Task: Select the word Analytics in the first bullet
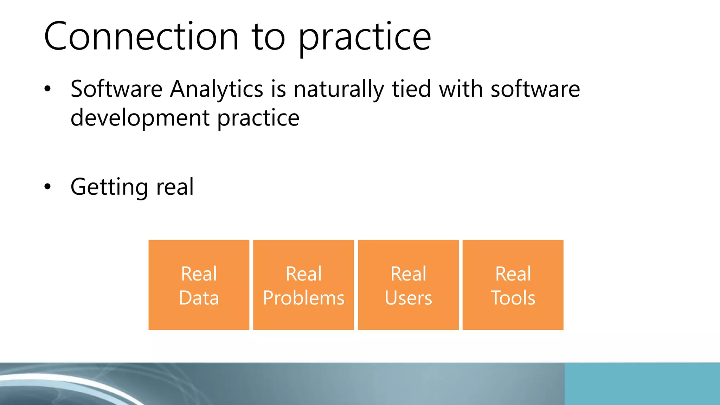tap(217, 89)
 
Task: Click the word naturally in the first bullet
tap(339, 90)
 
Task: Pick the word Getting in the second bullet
tap(109, 187)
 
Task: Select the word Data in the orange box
tap(199, 298)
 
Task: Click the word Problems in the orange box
tap(304, 298)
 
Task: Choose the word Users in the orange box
tap(408, 298)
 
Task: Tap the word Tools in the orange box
tap(513, 298)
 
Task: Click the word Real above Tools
tap(513, 274)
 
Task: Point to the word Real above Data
tap(199, 274)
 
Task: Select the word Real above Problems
tap(304, 274)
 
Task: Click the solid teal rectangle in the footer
tap(642, 384)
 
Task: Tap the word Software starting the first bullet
tap(116, 89)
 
